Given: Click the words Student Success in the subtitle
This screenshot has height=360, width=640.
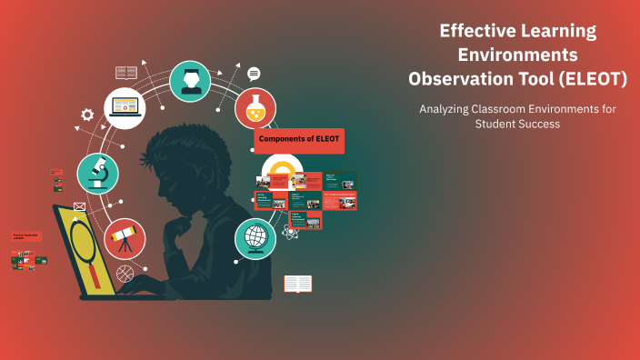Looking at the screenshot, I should (x=517, y=125).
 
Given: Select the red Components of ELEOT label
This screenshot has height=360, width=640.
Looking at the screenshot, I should (x=299, y=140).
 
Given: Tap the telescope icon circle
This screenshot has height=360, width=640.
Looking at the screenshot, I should (x=125, y=239).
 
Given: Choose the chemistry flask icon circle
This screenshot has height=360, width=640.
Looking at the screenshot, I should (x=255, y=108).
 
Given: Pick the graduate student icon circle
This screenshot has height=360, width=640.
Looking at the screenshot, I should (x=191, y=81).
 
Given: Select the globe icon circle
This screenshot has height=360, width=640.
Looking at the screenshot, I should (x=255, y=239).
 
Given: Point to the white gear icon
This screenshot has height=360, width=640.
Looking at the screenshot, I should (x=87, y=115).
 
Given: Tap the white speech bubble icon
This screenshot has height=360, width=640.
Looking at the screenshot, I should (x=254, y=74).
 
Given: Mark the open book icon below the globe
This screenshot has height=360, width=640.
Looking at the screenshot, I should (x=297, y=285).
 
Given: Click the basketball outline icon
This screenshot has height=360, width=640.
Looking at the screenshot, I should (x=125, y=272).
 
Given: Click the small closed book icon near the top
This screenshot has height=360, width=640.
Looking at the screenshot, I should (x=126, y=72).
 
